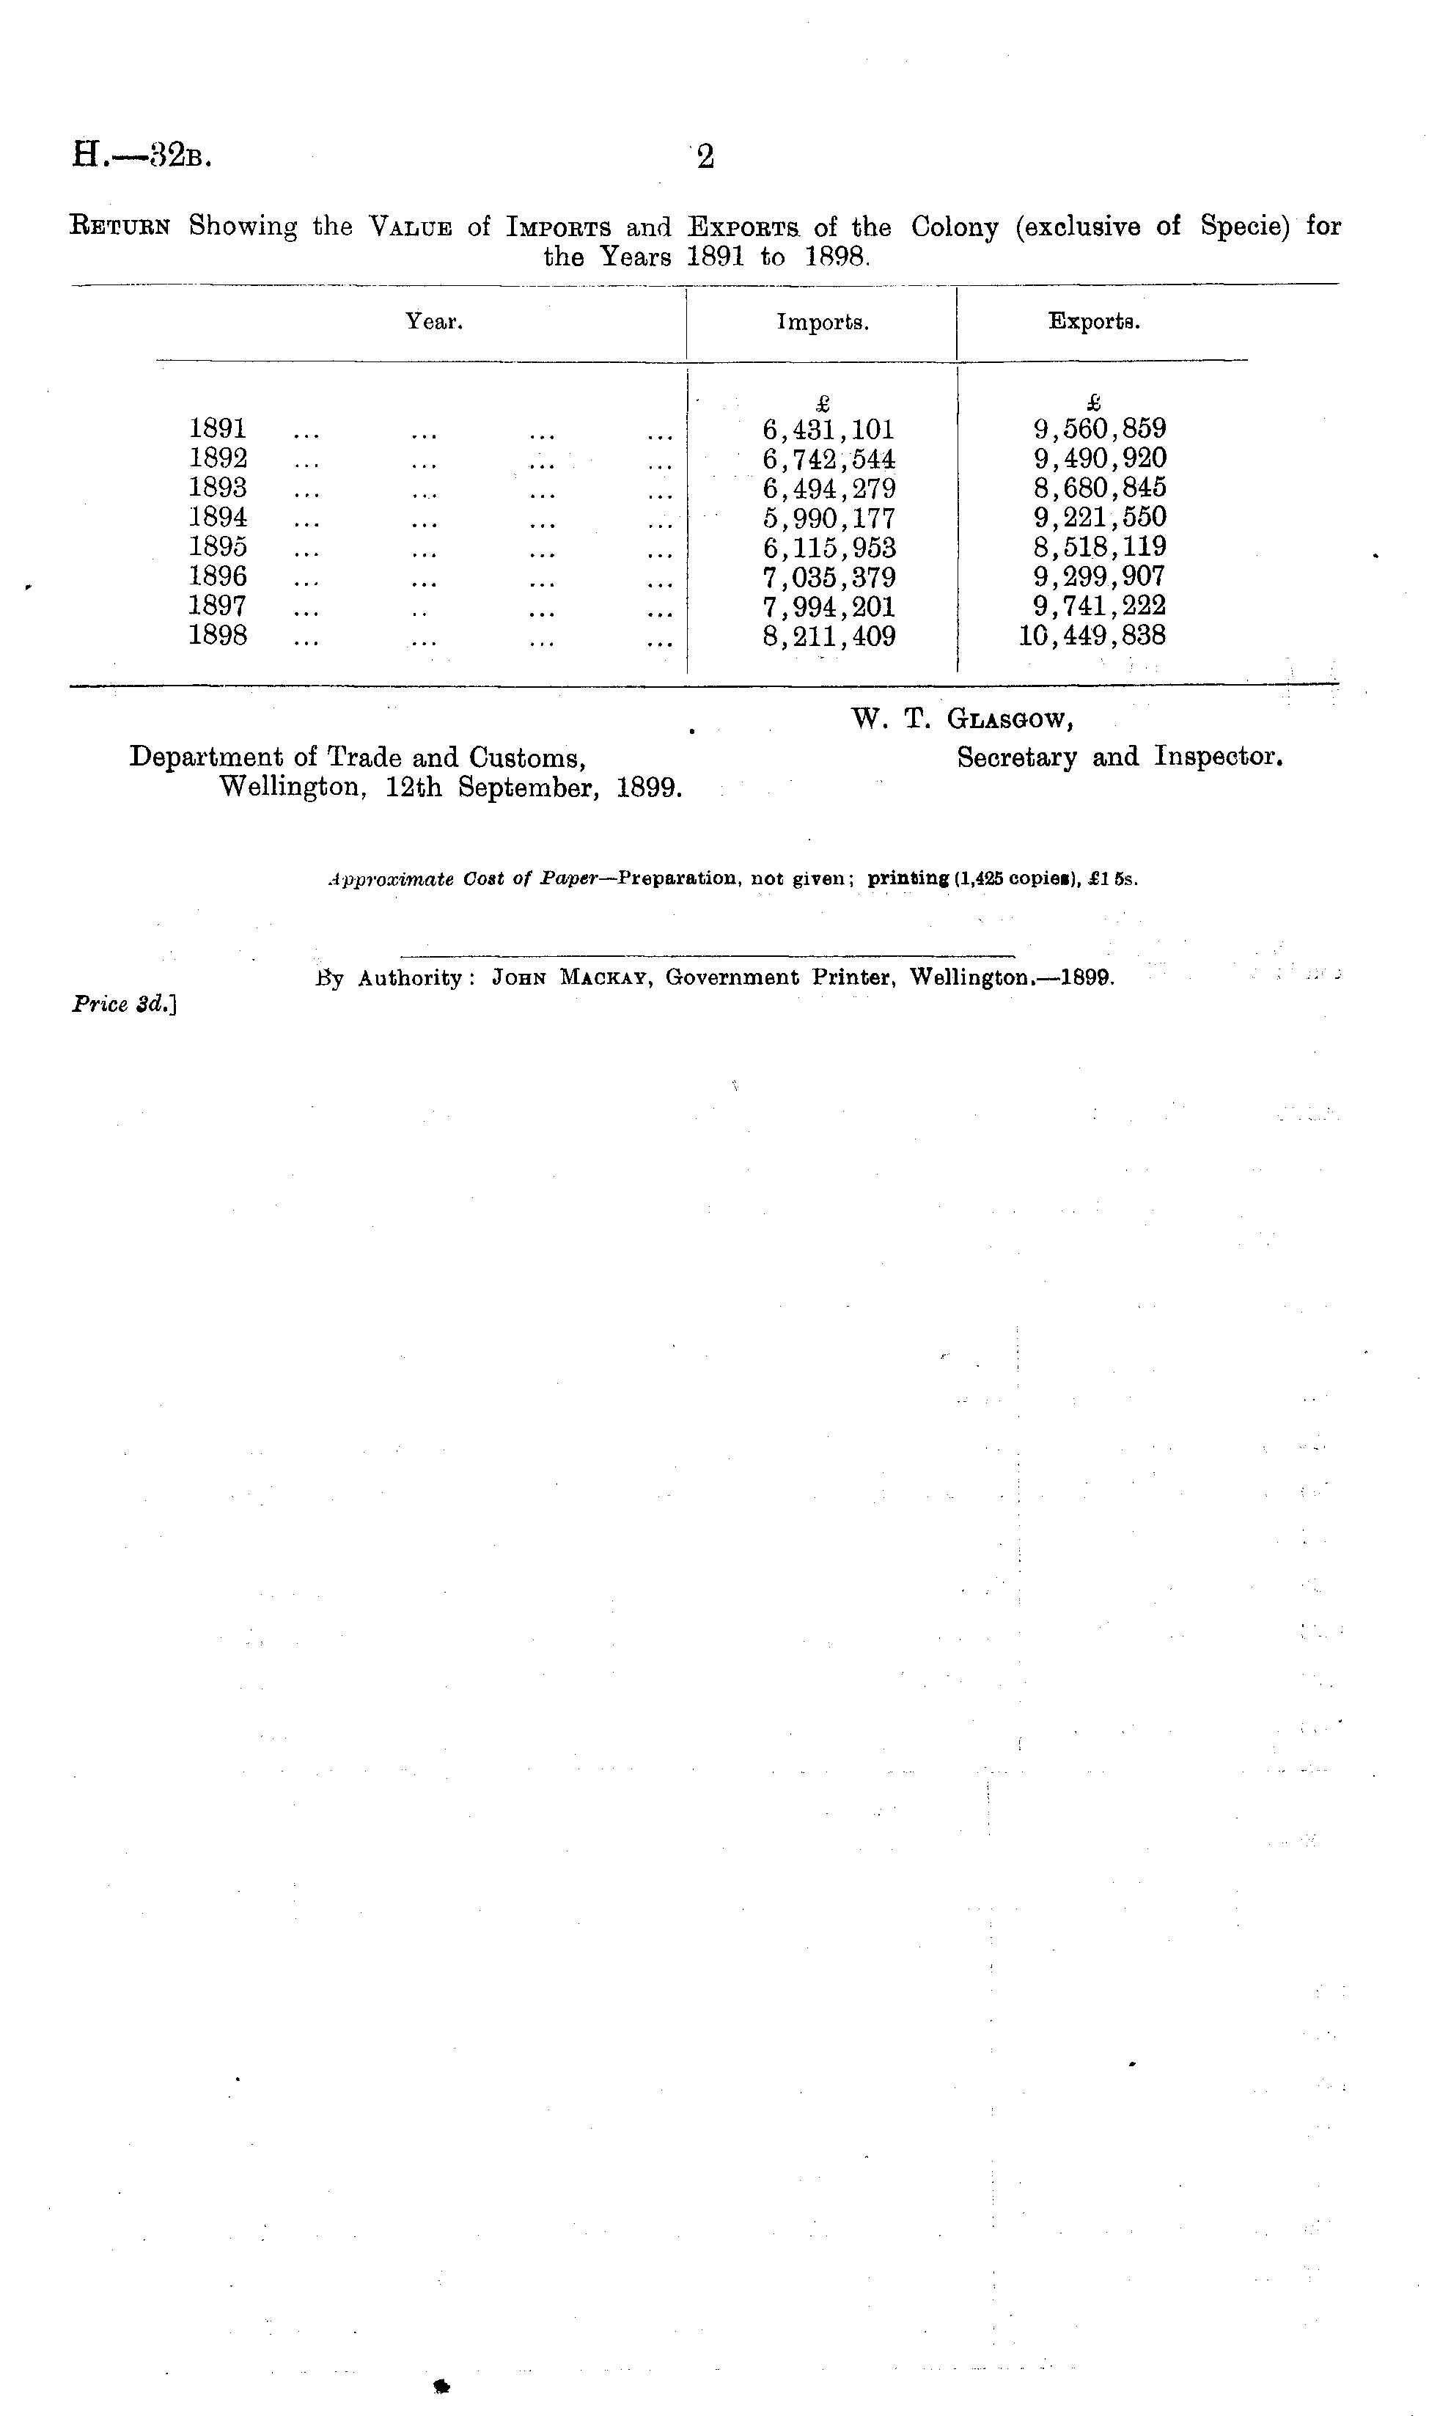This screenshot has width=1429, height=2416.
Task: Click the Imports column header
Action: pos(823,323)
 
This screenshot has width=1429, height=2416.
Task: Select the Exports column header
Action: pos(1094,322)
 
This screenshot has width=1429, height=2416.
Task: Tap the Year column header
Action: pos(434,322)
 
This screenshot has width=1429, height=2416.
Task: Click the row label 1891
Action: pos(218,428)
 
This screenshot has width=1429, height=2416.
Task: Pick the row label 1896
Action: pos(218,577)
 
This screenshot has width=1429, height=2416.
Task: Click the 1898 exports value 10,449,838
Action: pos(1092,636)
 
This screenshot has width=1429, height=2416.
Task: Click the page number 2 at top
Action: pos(706,157)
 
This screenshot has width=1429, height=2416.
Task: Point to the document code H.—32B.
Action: pos(142,155)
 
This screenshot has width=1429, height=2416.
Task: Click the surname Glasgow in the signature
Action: pos(1011,719)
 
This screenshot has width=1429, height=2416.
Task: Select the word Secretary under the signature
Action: pos(1017,758)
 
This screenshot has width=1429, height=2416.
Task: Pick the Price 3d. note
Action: pos(123,1005)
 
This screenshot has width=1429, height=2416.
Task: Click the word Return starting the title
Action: pos(121,227)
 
